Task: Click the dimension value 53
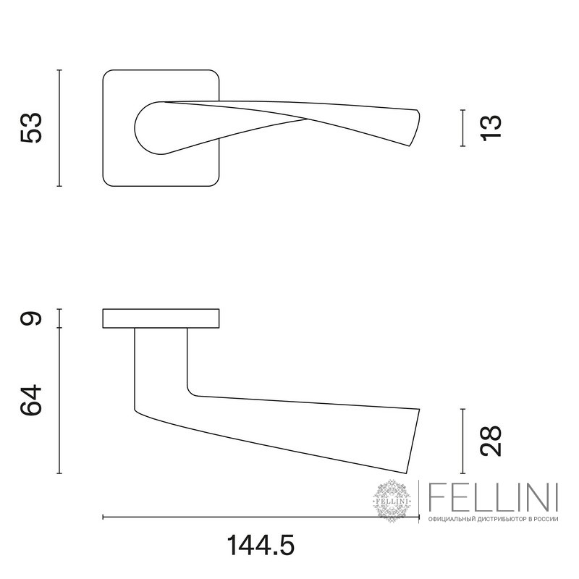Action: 31,128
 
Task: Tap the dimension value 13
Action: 491,128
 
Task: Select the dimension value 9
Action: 31,318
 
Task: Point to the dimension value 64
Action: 31,400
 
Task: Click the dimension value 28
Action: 491,441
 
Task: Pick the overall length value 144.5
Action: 261,546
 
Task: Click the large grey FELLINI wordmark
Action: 494,498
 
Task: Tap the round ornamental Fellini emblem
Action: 392,501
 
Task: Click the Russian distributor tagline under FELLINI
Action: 494,519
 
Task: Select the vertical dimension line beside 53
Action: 59,128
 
